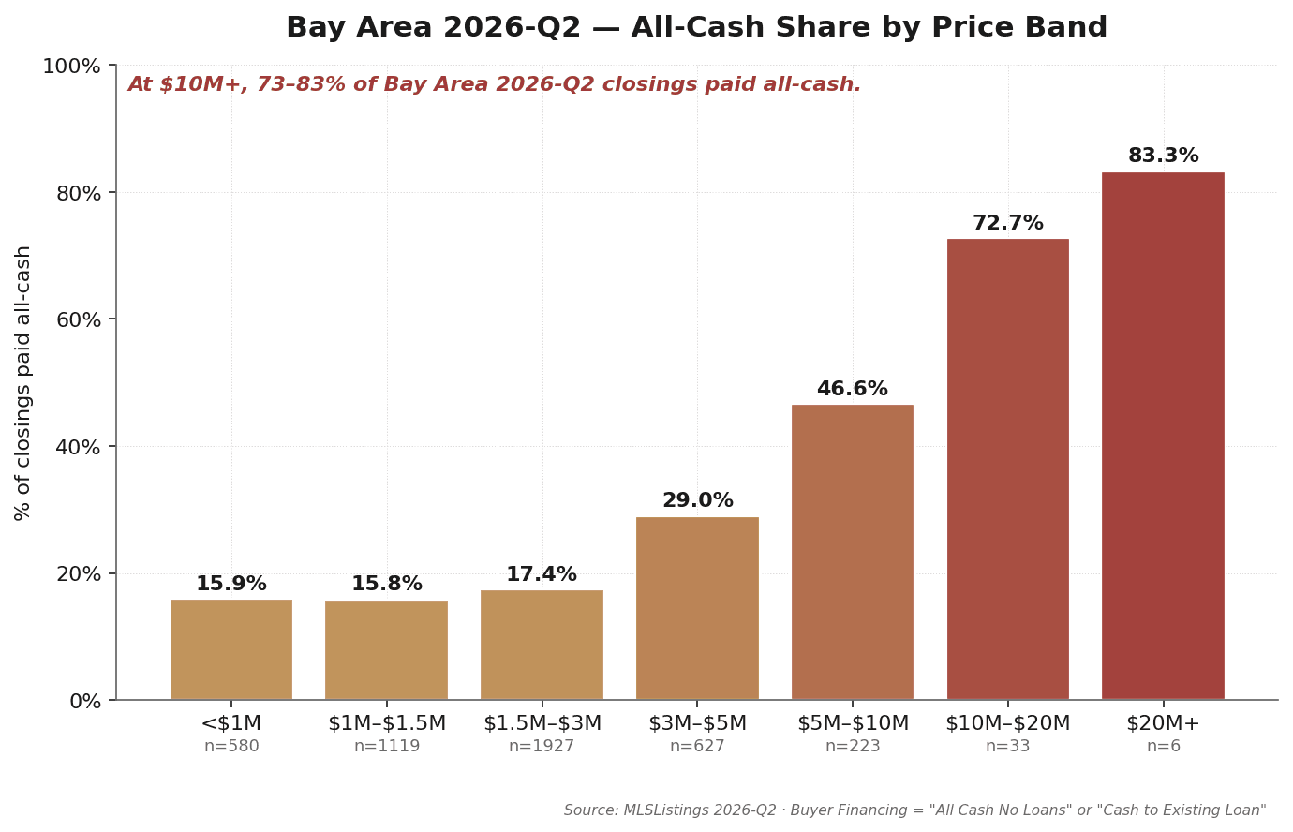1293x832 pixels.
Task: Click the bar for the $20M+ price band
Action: pos(1163,436)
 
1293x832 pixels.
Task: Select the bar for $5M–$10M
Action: pos(852,552)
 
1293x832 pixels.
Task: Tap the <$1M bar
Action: pos(231,649)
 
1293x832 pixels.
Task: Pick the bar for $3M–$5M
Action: pos(697,608)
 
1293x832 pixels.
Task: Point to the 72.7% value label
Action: pos(1008,223)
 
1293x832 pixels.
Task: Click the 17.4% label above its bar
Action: pos(542,574)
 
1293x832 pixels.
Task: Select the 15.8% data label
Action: pos(387,584)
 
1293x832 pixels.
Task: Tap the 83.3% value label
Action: pos(1163,156)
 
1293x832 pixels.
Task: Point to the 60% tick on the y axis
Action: pos(79,319)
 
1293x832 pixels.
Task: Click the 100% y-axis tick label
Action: pos(72,66)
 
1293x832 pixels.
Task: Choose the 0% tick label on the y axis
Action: pos(85,702)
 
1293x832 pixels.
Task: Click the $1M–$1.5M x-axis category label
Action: pos(387,723)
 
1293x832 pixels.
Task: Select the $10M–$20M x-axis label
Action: pos(1008,723)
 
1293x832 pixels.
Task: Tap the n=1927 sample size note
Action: pos(542,746)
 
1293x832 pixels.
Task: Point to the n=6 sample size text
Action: pos(1163,746)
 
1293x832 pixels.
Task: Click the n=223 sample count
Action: pos(853,746)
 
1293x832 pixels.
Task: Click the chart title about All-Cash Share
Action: pos(697,27)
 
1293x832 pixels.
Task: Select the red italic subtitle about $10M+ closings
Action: pos(495,84)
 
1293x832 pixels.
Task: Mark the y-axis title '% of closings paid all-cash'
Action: pos(22,383)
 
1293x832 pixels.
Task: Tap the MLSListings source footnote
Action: pos(914,810)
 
